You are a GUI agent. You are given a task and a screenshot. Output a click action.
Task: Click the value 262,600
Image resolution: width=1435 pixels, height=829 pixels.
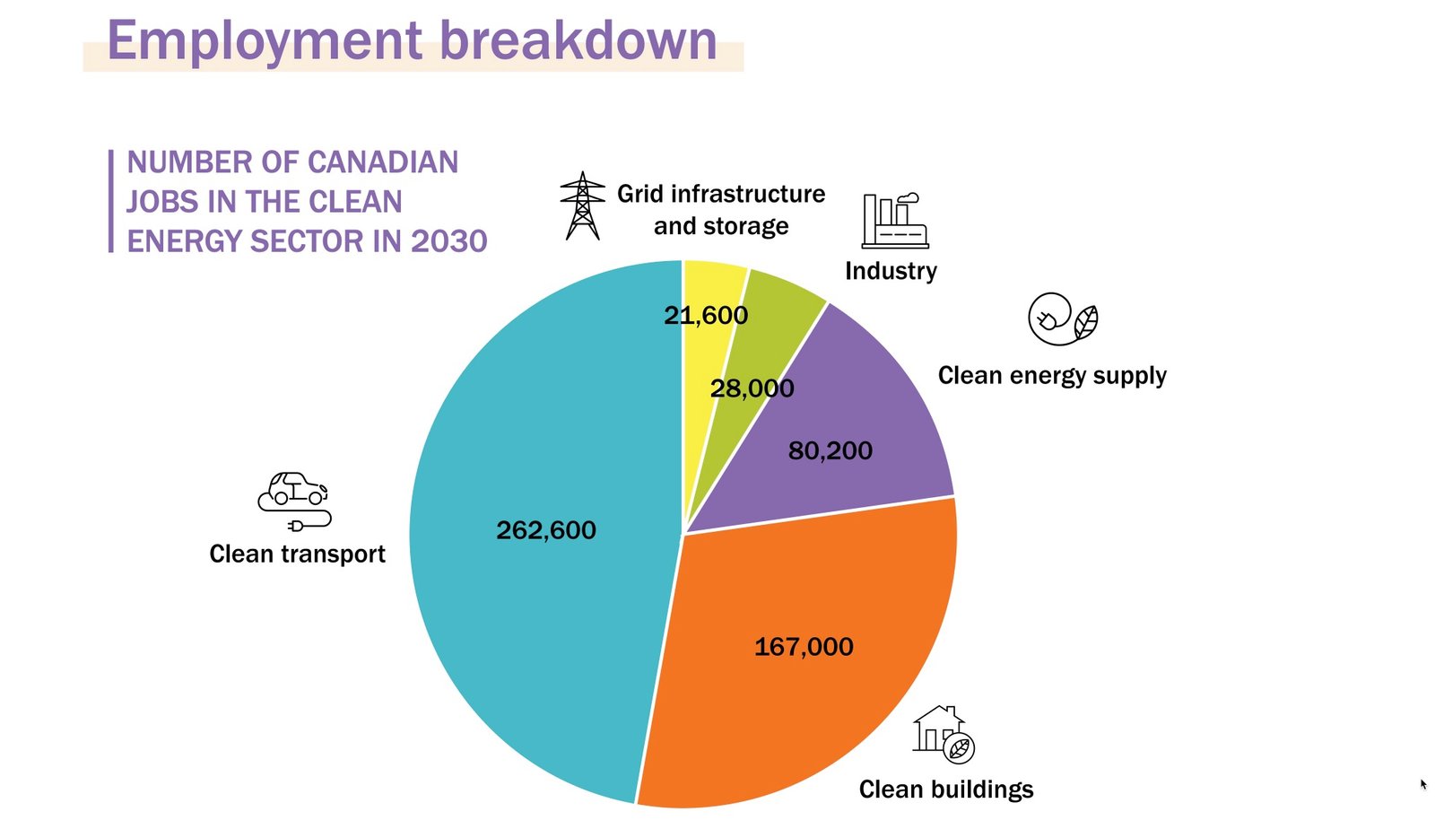tap(546, 530)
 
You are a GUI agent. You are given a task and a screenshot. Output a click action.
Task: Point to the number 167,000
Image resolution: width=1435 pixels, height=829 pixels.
tap(804, 647)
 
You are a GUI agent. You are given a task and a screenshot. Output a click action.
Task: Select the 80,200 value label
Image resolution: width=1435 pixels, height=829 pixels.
tap(830, 450)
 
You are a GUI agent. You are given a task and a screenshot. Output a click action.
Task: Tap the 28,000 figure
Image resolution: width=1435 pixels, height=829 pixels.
tap(752, 388)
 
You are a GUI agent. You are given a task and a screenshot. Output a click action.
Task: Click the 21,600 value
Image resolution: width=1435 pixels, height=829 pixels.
tap(706, 315)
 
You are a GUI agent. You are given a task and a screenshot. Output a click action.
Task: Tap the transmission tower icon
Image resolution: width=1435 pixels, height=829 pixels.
tap(582, 205)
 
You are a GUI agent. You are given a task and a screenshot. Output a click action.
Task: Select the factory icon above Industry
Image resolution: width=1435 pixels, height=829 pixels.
tap(894, 221)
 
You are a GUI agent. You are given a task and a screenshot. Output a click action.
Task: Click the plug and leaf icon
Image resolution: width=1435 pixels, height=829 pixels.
tap(1063, 319)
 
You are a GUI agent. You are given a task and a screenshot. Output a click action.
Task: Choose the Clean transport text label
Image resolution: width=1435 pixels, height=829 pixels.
tap(297, 554)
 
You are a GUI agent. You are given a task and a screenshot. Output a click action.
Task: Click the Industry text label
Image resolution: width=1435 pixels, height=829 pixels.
tap(891, 271)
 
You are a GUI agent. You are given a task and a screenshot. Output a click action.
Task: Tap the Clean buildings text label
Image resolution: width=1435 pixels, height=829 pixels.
tap(946, 790)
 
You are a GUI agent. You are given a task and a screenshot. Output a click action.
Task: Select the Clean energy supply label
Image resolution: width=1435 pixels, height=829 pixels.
tap(1052, 375)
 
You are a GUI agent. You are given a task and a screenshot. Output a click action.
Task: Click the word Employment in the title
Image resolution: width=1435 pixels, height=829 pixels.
tap(265, 40)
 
